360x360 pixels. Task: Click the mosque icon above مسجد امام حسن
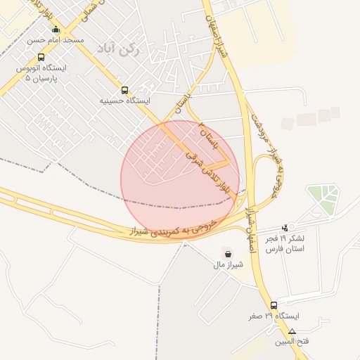[x=56, y=30]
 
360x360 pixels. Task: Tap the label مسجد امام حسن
[x=56, y=41]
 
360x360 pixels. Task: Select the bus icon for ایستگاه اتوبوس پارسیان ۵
[x=41, y=58]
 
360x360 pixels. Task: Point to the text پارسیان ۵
[x=38, y=78]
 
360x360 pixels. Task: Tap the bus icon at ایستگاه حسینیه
[x=125, y=90]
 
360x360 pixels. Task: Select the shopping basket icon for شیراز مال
[x=228, y=253]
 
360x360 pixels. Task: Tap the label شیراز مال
[x=228, y=265]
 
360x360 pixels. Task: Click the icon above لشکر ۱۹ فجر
[x=285, y=227]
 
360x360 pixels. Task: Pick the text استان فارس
[x=285, y=250]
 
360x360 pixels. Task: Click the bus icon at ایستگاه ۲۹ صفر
[x=274, y=304]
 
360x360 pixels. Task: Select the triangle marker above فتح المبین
[x=292, y=330]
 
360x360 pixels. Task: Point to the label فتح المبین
[x=292, y=341]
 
